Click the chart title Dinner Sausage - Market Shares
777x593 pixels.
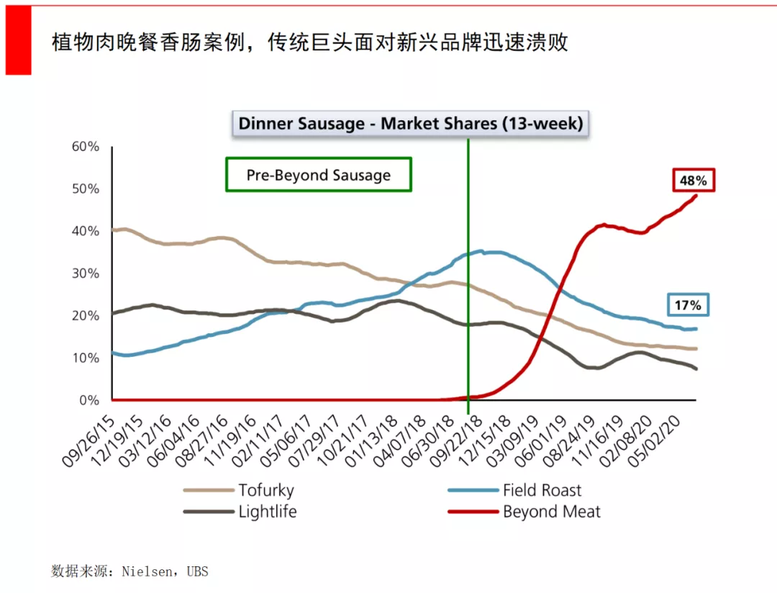[410, 123]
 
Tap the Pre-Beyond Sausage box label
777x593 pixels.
[319, 175]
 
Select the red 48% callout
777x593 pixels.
[694, 181]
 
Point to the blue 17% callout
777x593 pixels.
[687, 305]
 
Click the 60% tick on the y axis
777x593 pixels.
[85, 147]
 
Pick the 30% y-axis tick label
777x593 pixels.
[85, 273]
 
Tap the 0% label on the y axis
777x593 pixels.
[88, 400]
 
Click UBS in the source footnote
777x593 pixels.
[197, 572]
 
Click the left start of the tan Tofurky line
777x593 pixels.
[114, 230]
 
